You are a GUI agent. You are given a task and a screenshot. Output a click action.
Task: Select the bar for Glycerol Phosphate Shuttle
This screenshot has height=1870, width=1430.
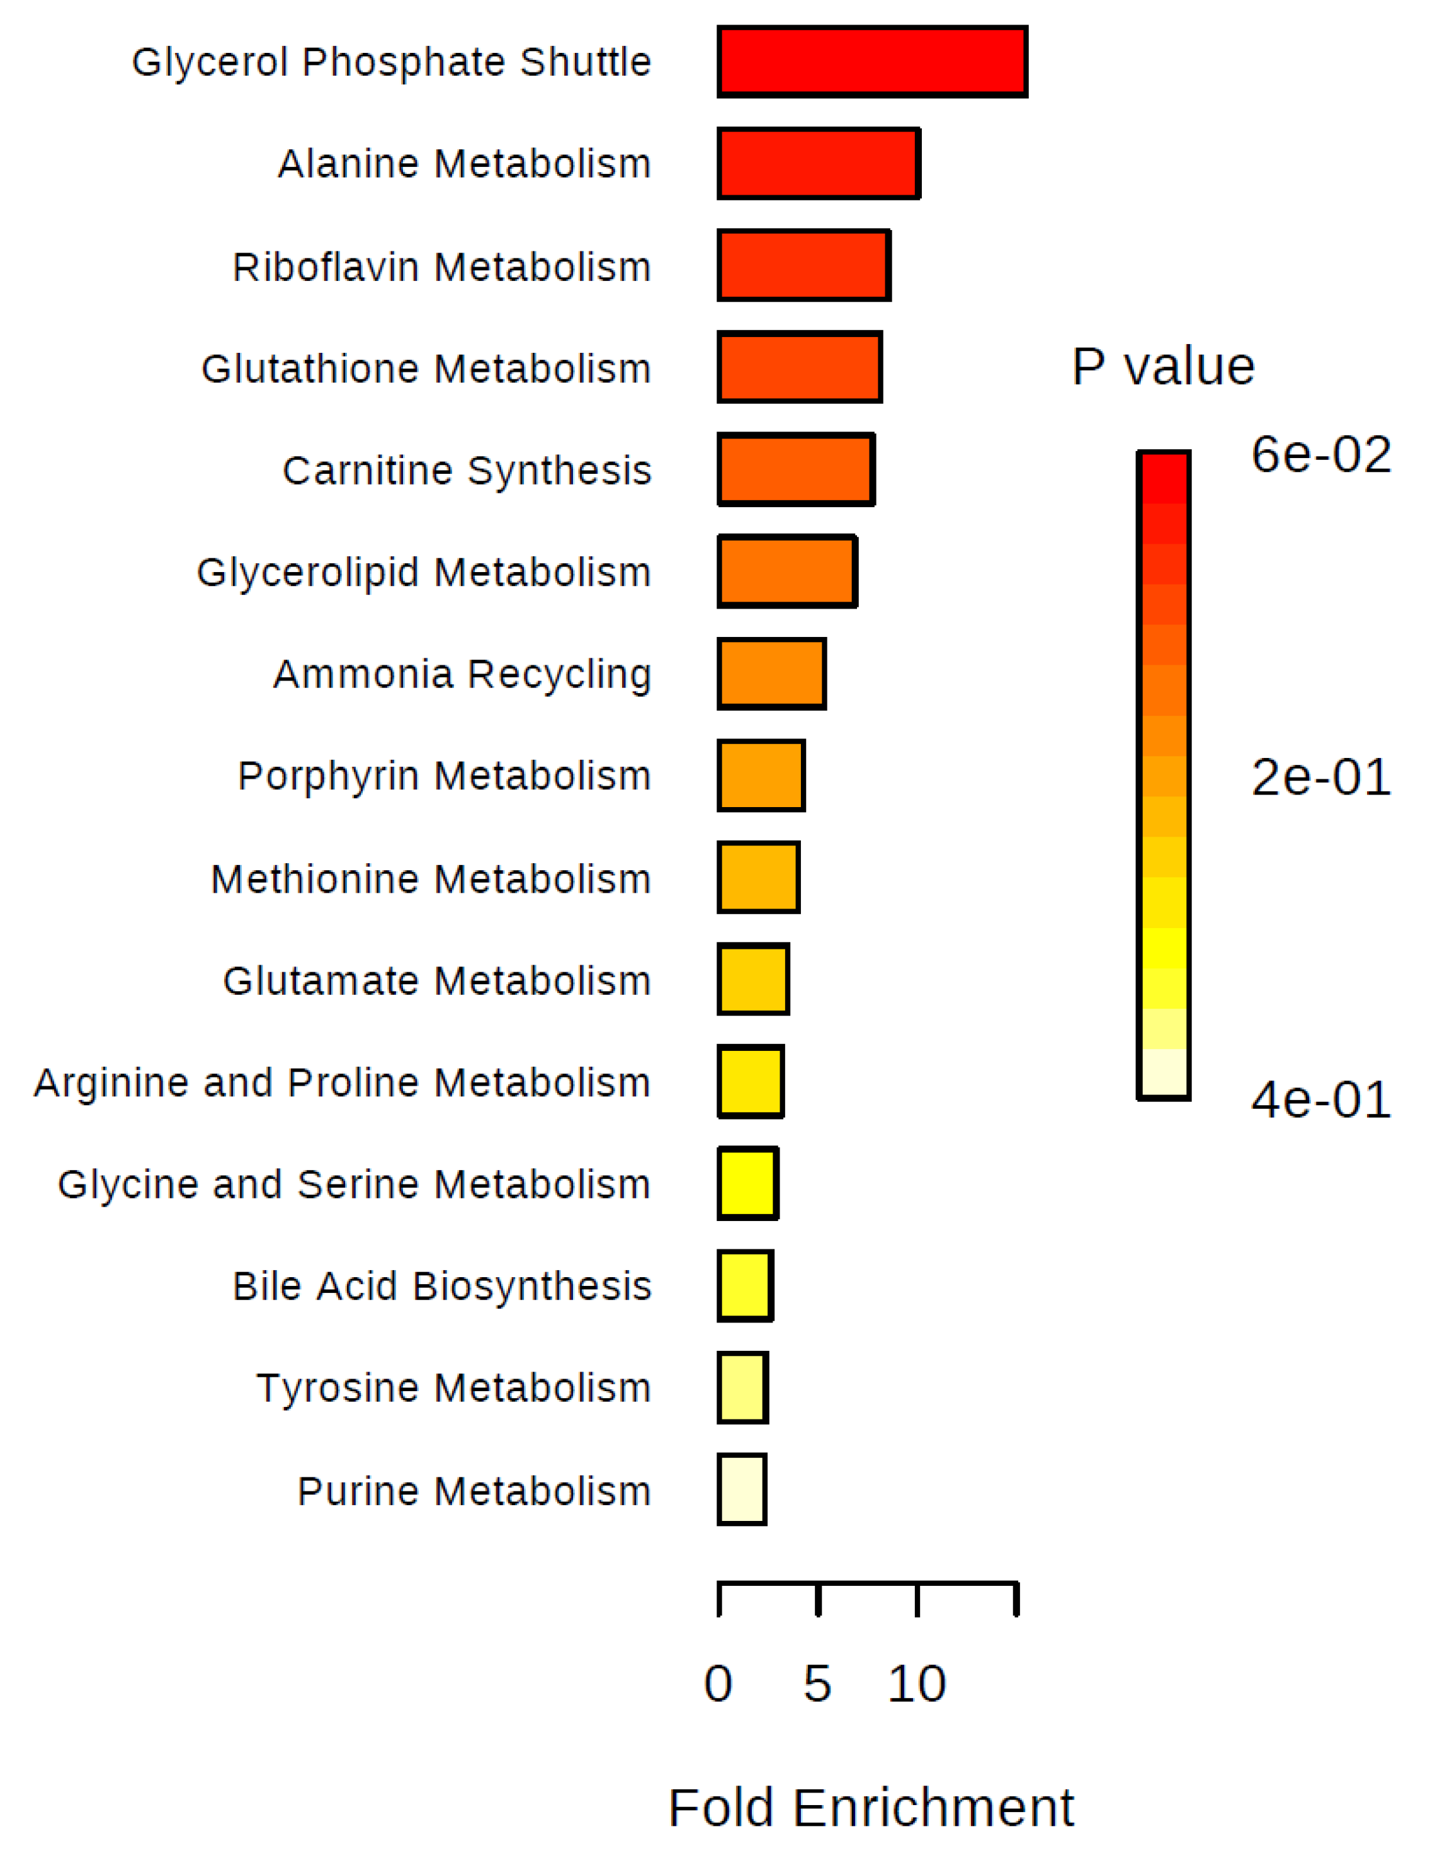click(x=873, y=61)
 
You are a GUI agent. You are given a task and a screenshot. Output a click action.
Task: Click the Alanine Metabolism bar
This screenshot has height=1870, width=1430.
click(x=819, y=163)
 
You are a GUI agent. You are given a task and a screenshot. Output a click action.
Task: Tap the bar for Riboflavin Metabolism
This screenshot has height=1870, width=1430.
click(x=803, y=265)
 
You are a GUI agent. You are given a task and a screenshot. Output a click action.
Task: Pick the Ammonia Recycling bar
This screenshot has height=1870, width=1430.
click(x=771, y=674)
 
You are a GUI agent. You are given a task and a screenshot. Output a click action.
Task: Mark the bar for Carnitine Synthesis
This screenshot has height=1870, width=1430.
click(x=796, y=469)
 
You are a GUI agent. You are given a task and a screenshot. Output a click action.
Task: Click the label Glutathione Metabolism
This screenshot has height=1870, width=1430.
click(x=426, y=369)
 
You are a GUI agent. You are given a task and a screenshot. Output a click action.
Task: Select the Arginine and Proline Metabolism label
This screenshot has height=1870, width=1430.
click(x=342, y=1082)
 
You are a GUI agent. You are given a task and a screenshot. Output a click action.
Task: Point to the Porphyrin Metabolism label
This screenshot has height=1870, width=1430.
click(x=445, y=776)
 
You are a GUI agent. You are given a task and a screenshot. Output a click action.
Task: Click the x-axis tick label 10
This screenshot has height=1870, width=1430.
click(x=917, y=1684)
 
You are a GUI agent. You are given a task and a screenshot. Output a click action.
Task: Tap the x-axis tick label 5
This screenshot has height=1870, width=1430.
click(x=817, y=1684)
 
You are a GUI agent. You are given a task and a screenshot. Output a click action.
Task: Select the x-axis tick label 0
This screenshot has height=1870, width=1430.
click(x=718, y=1684)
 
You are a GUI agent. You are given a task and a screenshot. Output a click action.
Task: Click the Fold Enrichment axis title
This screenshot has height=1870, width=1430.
click(x=871, y=1807)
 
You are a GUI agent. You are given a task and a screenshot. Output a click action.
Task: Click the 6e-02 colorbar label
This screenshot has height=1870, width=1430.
click(x=1321, y=454)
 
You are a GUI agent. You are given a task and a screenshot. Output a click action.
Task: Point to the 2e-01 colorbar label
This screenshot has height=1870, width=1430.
click(x=1321, y=777)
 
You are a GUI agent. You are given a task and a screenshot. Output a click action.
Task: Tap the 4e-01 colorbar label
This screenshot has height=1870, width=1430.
click(x=1321, y=1099)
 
